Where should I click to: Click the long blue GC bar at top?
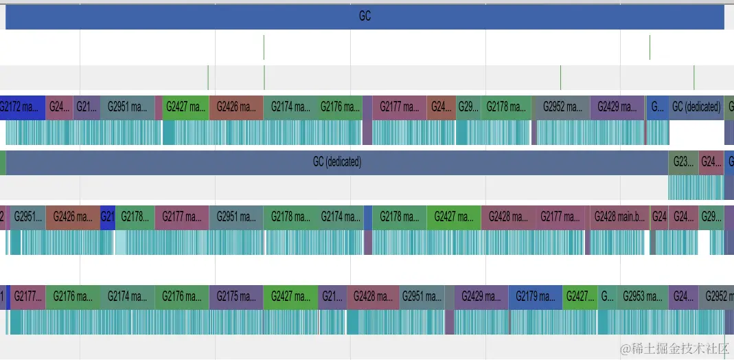click(365, 16)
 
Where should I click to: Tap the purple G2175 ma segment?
click(236, 297)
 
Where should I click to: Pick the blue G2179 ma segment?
click(535, 297)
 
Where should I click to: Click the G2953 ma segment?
click(643, 297)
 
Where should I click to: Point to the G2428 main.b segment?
click(620, 217)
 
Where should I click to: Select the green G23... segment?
click(683, 163)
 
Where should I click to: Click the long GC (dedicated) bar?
click(336, 163)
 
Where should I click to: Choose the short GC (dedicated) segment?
click(696, 107)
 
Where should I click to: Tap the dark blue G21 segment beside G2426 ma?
click(108, 217)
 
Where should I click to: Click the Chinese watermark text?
click(674, 349)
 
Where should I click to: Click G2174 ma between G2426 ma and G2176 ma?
click(290, 107)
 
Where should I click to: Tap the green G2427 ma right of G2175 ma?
click(290, 297)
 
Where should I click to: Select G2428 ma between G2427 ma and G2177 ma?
click(509, 217)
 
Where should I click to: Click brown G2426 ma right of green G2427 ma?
click(236, 107)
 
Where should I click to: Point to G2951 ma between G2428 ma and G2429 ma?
click(422, 297)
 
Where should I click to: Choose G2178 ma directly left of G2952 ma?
click(506, 107)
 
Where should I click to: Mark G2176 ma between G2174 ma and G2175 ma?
click(182, 297)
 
